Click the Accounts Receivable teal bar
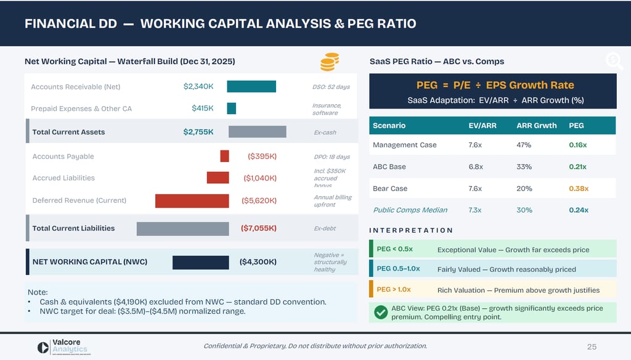[x=251, y=86]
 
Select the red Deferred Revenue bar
[x=193, y=200]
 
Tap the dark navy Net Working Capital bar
[x=200, y=262]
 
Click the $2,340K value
[x=198, y=86]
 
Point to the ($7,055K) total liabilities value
[x=258, y=228]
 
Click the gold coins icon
[x=329, y=62]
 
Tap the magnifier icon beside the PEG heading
[x=613, y=60]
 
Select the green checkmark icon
[x=381, y=313]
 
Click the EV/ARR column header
[x=482, y=126]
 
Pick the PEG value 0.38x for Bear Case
[x=578, y=189]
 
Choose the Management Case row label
[x=404, y=145]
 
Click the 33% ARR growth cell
[x=524, y=167]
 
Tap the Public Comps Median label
[x=410, y=210]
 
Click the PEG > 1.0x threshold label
[x=394, y=289]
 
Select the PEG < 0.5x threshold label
[x=394, y=249]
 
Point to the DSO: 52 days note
[x=331, y=87]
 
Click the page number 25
[x=592, y=346]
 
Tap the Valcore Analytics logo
[x=61, y=346]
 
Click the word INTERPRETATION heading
[x=411, y=230]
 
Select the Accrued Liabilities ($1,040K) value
[x=259, y=178]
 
